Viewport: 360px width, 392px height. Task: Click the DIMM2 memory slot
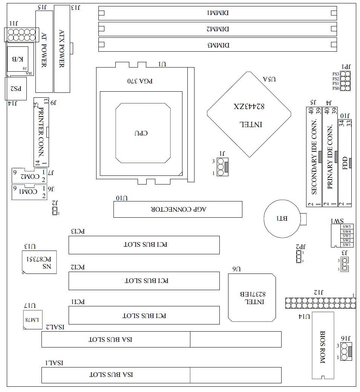[218, 29]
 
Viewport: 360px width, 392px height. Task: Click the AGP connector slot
[178, 209]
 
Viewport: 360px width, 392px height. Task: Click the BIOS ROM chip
[323, 345]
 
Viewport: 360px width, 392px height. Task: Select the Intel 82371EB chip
[252, 298]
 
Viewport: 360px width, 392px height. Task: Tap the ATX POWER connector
[62, 49]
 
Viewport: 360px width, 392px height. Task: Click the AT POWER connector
[44, 52]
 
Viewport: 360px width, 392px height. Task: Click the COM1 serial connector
[29, 192]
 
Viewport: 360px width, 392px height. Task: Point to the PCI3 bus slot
[144, 245]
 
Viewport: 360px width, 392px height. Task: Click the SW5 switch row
[346, 227]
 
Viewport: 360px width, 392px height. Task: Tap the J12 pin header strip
[320, 303]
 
